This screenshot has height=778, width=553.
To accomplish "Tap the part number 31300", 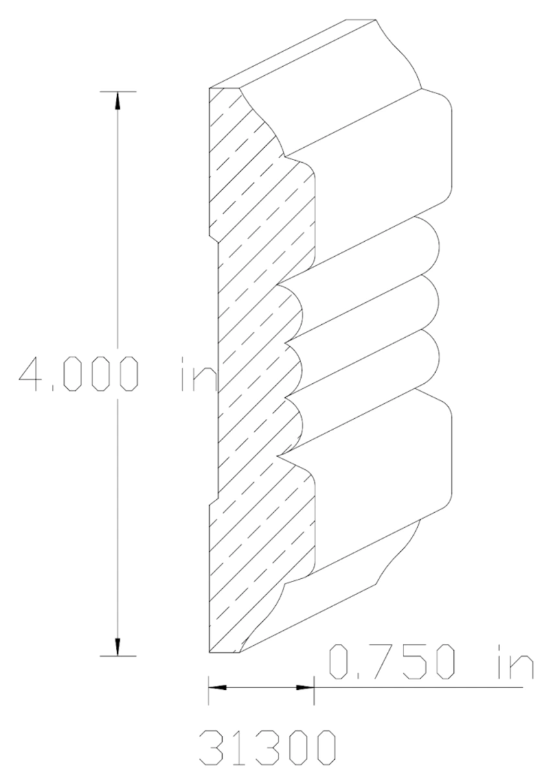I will (x=266, y=749).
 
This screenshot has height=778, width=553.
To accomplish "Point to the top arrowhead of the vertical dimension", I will (x=117, y=100).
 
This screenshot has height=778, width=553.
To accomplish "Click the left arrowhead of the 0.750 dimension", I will (x=217, y=687).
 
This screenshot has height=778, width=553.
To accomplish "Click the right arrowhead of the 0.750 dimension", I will (x=305, y=687).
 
